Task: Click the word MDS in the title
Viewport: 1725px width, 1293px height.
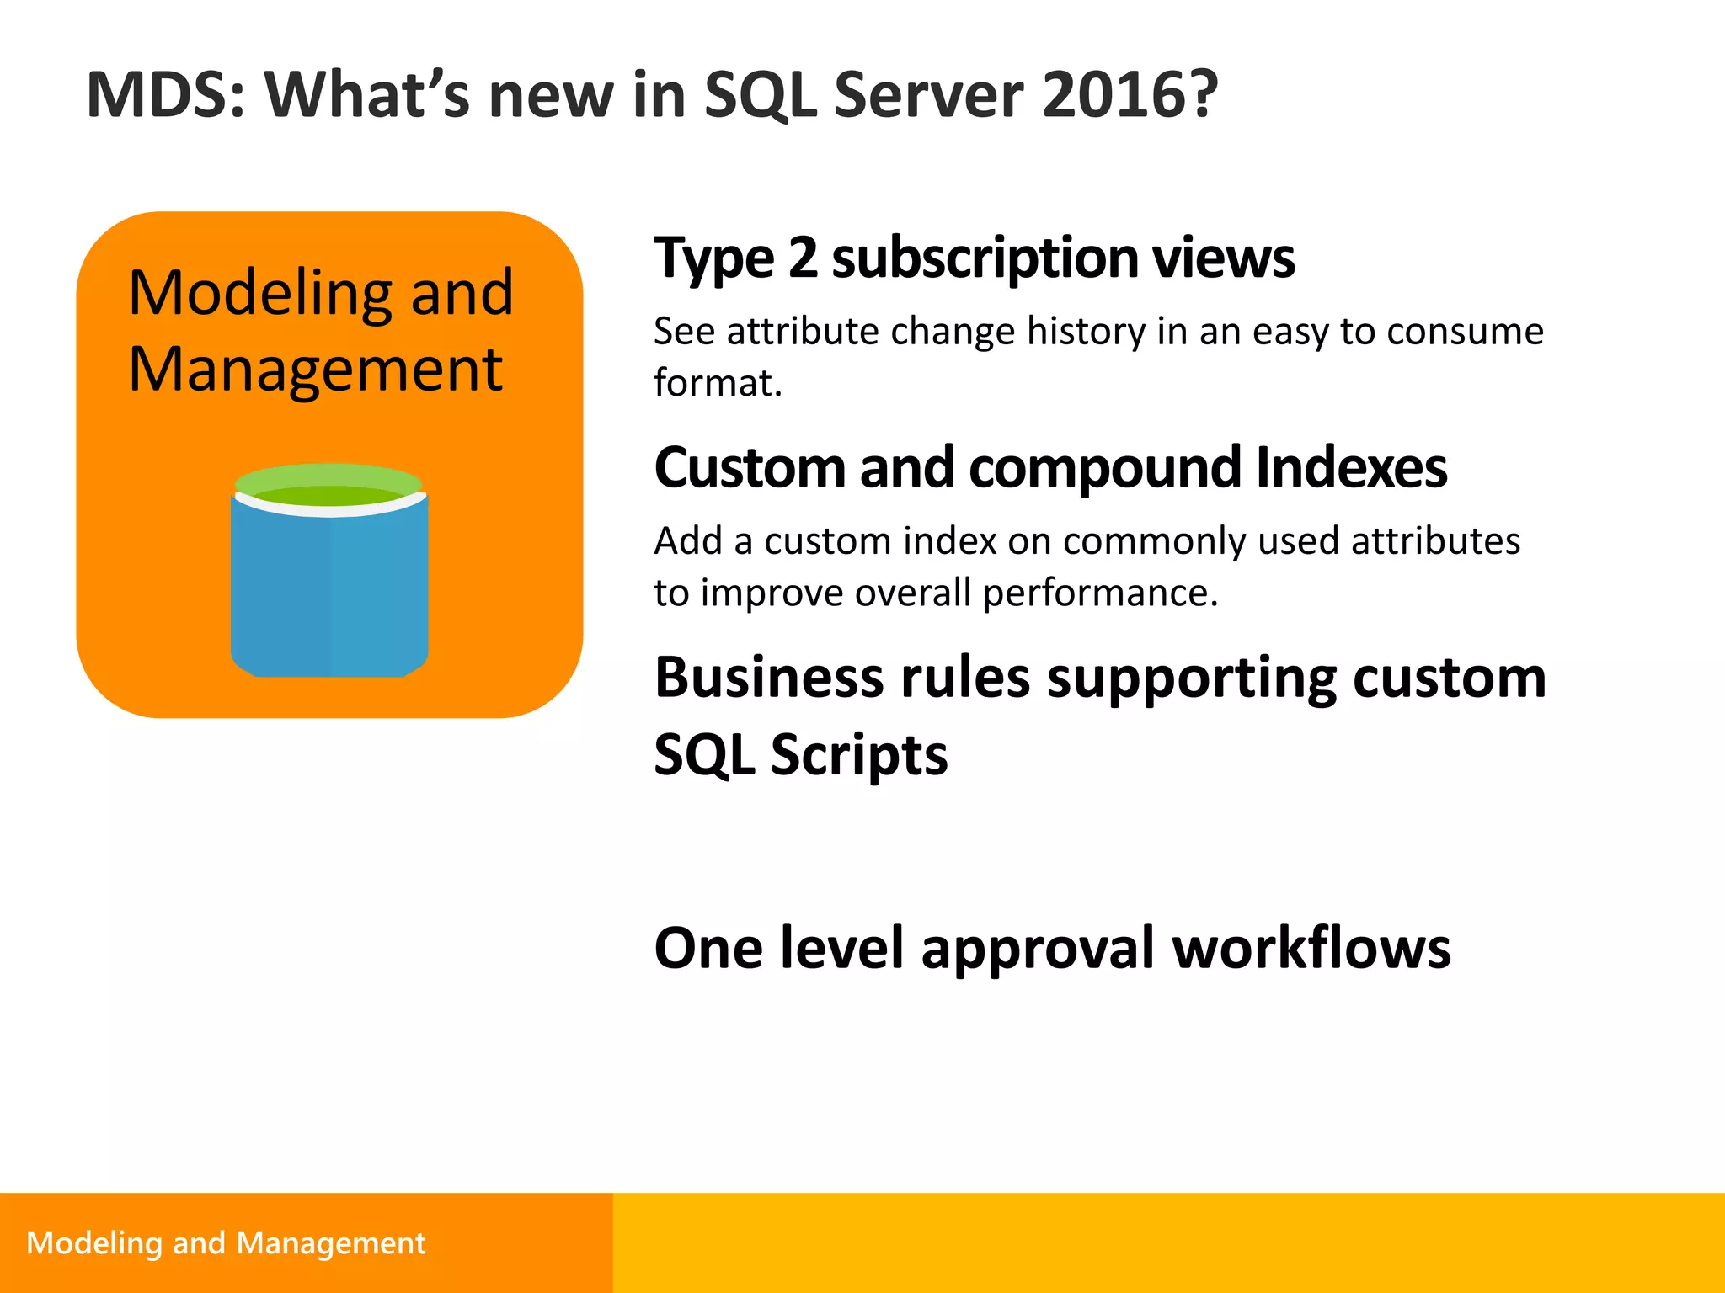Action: [165, 94]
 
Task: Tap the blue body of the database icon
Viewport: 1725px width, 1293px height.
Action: [328, 589]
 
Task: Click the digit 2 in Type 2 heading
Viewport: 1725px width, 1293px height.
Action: [803, 258]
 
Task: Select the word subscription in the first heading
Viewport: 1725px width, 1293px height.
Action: [985, 258]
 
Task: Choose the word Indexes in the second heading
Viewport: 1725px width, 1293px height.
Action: [1351, 467]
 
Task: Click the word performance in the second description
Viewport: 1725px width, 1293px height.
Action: [1099, 593]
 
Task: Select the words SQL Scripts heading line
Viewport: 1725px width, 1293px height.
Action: [800, 754]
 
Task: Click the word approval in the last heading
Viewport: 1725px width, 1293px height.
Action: [1038, 949]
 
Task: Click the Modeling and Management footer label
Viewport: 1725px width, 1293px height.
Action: [226, 1242]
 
